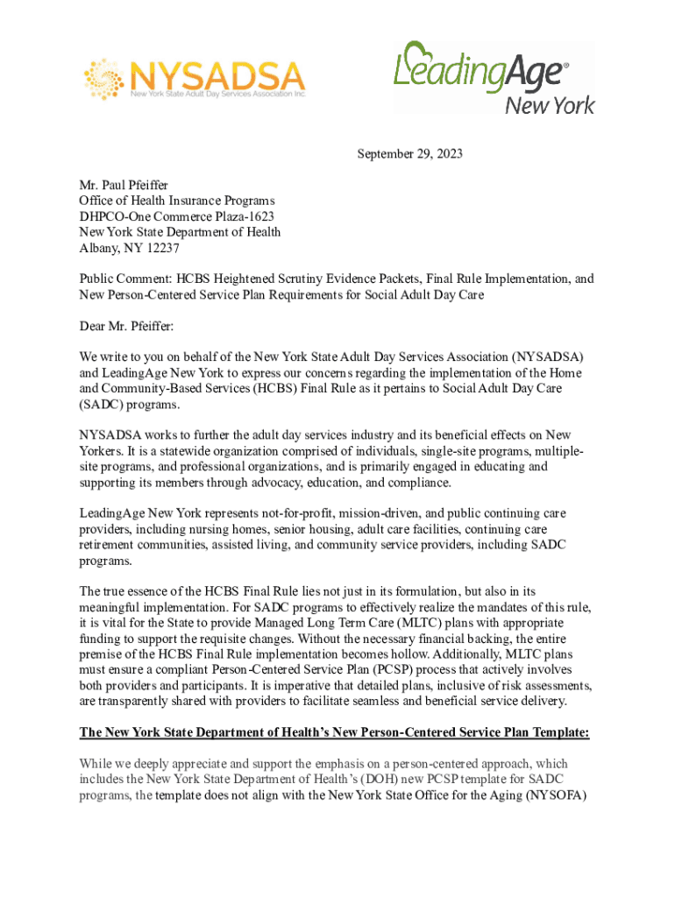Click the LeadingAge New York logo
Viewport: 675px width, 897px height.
point(494,77)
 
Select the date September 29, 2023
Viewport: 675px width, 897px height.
point(409,155)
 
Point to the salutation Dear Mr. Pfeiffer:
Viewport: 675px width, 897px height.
point(126,327)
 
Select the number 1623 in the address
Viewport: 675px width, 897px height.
point(260,216)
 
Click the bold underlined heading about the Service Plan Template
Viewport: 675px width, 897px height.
point(334,732)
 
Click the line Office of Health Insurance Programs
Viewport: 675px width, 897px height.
point(176,201)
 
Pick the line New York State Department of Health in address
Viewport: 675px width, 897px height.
point(181,232)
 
